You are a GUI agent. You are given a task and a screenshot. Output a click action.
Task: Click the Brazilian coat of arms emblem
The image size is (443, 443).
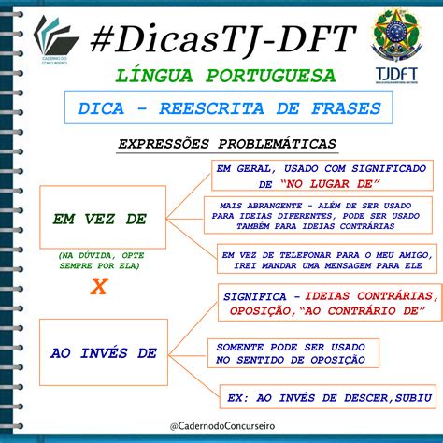[397, 36]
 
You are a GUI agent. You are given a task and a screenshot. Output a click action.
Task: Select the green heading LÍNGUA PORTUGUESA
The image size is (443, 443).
[221, 75]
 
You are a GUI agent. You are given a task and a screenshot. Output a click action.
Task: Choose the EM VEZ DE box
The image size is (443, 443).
[101, 219]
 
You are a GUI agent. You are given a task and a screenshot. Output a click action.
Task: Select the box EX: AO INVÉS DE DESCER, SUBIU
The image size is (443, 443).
[322, 397]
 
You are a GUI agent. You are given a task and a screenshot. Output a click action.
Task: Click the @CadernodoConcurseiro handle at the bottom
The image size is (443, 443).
[221, 425]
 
